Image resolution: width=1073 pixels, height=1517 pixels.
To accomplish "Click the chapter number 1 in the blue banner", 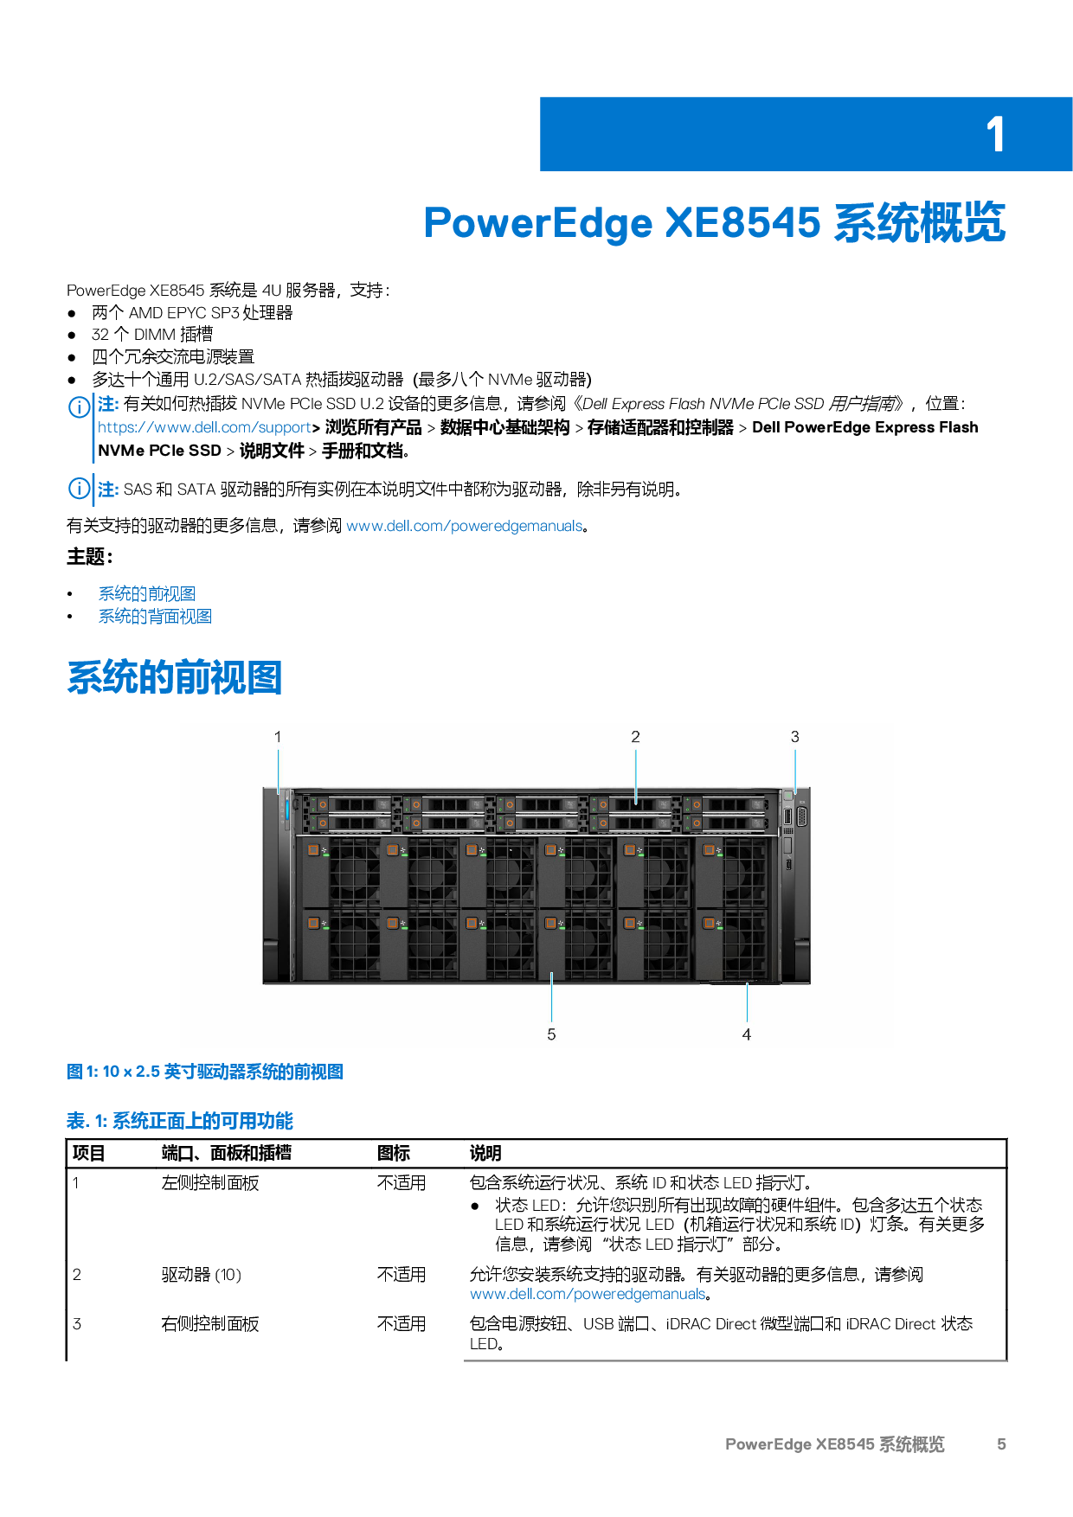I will coord(995,135).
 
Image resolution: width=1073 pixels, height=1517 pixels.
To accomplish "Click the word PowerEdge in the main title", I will coord(537,223).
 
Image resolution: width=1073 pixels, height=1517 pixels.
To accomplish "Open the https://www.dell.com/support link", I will coord(204,427).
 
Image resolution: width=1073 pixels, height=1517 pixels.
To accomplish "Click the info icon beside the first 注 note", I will coord(80,406).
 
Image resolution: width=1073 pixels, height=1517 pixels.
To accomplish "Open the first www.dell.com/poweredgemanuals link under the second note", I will coord(464,526).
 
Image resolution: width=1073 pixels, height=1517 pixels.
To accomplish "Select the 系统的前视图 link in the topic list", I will coord(146,594).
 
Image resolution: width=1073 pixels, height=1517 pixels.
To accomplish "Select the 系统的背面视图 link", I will coord(154,617).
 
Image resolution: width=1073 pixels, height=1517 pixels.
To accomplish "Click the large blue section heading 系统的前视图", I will coord(175,677).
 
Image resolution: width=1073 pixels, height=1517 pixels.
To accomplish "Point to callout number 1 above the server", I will coord(278,737).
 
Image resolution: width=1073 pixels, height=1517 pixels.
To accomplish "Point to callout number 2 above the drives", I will coord(635,737).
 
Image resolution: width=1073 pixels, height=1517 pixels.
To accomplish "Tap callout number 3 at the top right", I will coord(794,737).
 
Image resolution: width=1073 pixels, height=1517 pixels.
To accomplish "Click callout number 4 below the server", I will coord(746,1034).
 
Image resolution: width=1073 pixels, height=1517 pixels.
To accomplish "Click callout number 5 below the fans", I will coord(551,1034).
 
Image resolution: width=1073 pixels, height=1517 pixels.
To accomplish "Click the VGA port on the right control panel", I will coord(801,816).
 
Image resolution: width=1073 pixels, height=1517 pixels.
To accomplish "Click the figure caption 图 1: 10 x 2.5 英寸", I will coord(205,1072).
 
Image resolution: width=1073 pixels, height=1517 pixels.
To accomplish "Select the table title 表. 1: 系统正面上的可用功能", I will coord(180,1122).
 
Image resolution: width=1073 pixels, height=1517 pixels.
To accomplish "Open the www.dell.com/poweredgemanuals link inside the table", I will coord(587,1294).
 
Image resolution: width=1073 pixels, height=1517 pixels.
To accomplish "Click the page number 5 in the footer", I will coord(1001,1443).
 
